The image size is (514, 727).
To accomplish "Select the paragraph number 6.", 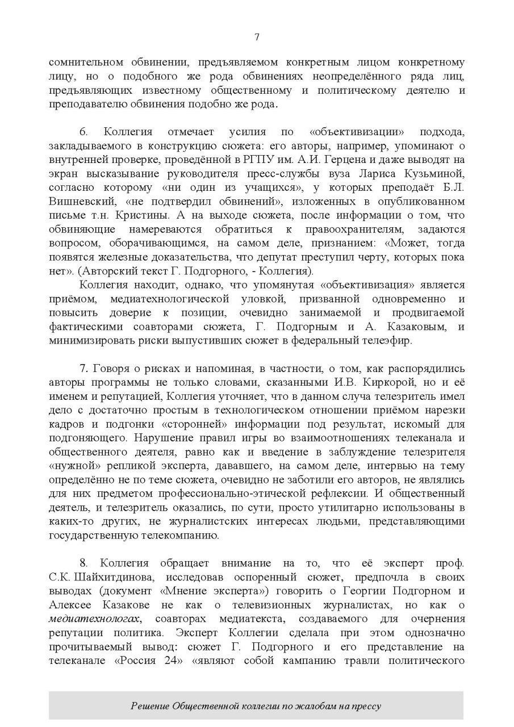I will pos(83,132).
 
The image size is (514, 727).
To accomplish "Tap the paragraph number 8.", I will pos(83,563).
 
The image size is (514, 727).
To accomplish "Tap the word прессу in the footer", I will pos(366,707).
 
